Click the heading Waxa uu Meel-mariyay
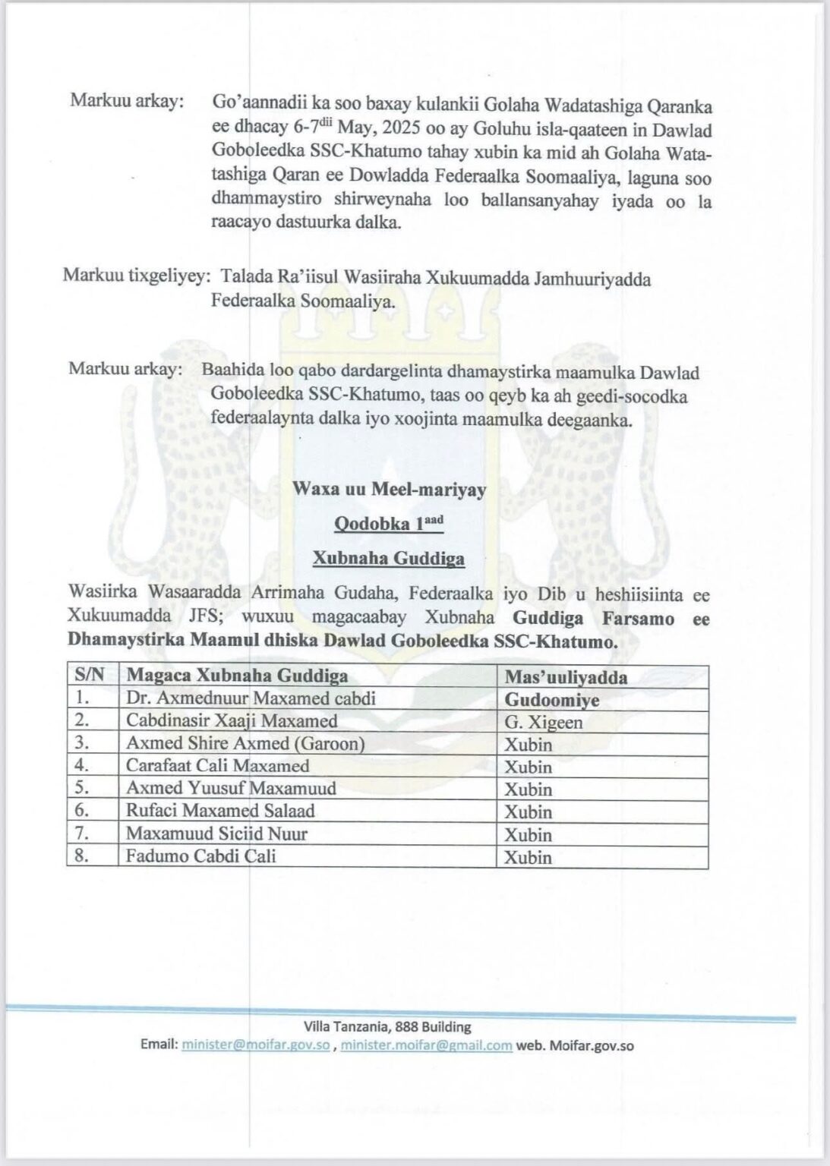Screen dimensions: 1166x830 [390, 490]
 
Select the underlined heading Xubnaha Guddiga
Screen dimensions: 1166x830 [389, 559]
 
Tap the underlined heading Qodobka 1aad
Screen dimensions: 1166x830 [389, 523]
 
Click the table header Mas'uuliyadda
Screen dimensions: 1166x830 [566, 676]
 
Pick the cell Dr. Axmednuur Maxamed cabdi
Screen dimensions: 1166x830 [251, 698]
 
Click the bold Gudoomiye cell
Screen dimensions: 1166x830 [552, 699]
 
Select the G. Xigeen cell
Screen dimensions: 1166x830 [544, 721]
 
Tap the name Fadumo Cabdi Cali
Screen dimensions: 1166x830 [201, 856]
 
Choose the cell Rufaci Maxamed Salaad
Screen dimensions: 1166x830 [220, 811]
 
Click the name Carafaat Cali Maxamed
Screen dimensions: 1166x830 [218, 766]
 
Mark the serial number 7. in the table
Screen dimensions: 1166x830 [84, 834]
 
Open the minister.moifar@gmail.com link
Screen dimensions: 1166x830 [426, 1045]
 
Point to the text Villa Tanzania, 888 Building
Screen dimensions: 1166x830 [387, 1027]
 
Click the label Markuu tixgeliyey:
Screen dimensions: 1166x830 [136, 279]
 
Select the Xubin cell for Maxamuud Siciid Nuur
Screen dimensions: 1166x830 [529, 834]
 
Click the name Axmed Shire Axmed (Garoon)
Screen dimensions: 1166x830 [245, 744]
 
